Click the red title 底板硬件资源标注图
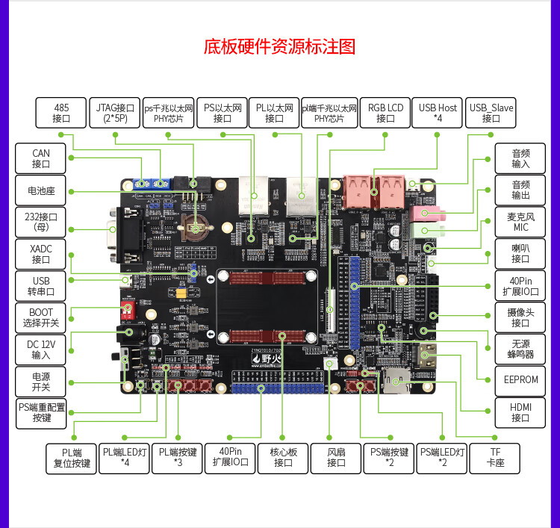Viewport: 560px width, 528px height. (280, 46)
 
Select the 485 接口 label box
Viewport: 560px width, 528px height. (61, 113)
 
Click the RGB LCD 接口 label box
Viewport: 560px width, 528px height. (385, 113)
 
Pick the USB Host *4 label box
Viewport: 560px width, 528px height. (438, 113)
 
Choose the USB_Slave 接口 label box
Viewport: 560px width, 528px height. (491, 113)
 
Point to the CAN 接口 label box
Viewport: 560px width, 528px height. (41, 159)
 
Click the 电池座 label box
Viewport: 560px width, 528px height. (41, 191)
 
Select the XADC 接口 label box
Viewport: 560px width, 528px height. (41, 254)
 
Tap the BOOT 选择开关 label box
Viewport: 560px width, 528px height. (41, 317)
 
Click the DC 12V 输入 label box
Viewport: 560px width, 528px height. (41, 350)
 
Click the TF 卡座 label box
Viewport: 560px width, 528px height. (495, 457)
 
